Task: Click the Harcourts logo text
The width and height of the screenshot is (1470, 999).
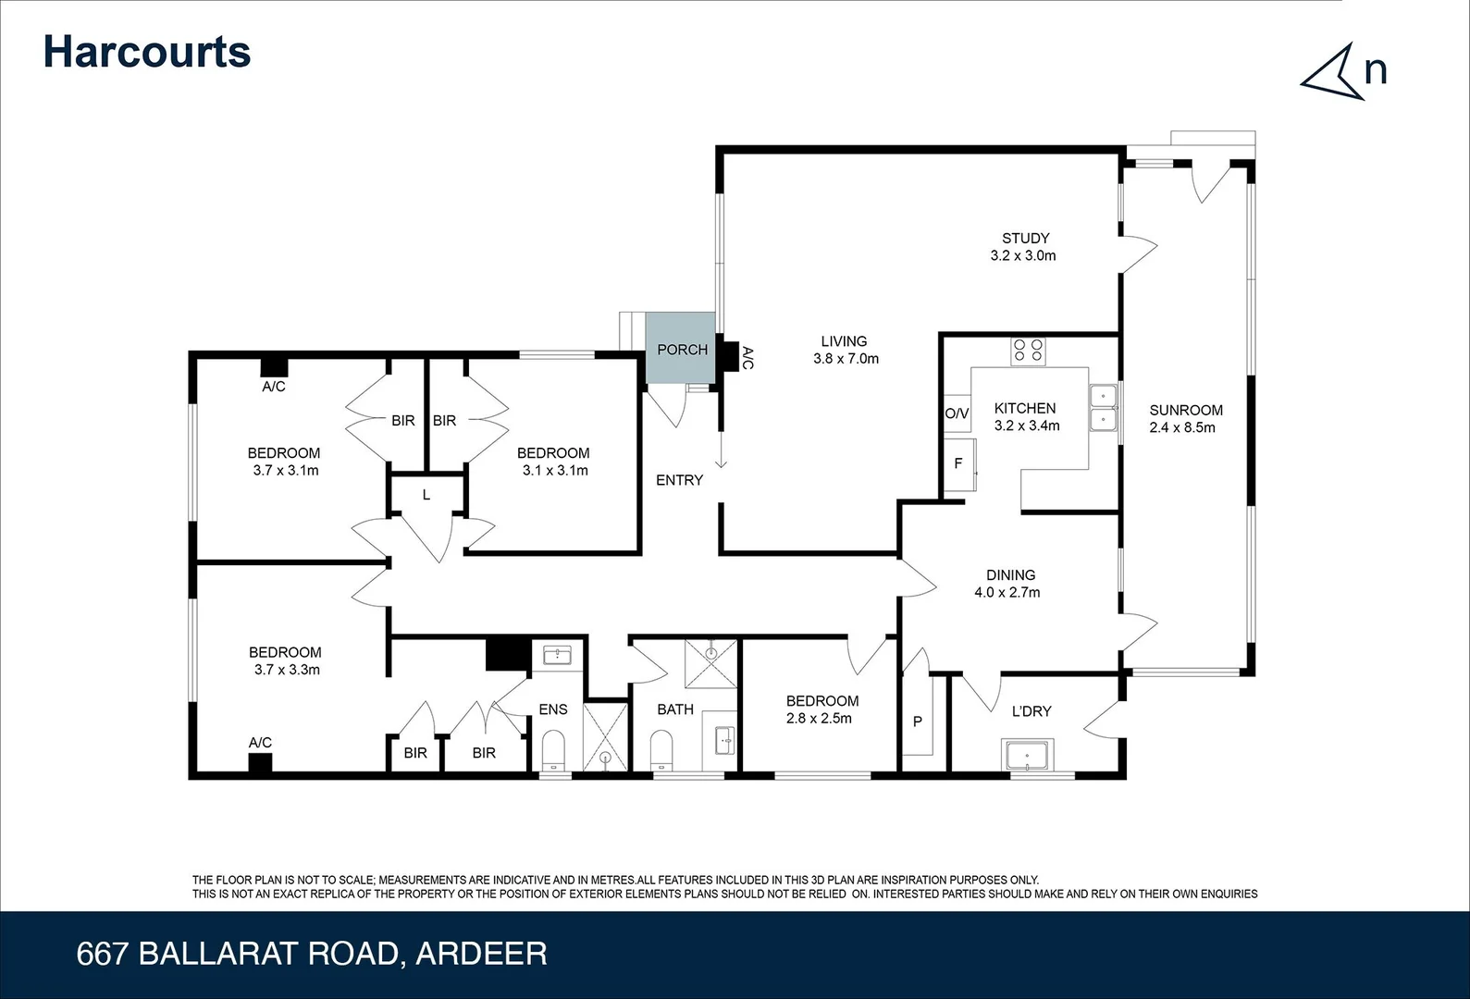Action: click(147, 52)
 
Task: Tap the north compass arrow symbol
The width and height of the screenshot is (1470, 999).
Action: click(1334, 72)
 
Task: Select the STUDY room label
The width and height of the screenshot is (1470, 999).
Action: click(1025, 238)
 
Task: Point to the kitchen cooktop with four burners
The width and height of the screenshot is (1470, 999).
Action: click(1028, 351)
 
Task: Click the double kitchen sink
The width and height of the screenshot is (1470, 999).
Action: click(1104, 409)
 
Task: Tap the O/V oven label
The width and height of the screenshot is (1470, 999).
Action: click(957, 413)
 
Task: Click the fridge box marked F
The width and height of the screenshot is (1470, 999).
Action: click(958, 463)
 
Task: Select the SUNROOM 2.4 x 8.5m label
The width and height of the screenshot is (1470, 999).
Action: click(1185, 418)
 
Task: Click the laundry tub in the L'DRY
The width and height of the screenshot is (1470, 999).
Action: click(1027, 756)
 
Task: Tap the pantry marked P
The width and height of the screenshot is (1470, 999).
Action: click(918, 721)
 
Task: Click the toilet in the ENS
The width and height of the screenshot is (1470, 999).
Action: click(553, 749)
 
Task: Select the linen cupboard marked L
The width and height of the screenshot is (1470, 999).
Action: click(426, 495)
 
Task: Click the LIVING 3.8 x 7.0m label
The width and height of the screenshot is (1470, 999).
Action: click(845, 350)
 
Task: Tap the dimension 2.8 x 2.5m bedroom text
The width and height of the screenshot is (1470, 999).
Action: click(820, 718)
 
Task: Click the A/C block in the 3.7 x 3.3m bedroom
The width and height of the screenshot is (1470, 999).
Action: click(260, 763)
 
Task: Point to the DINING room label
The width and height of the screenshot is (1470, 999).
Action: click(1010, 574)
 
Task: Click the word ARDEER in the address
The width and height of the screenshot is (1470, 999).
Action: click(481, 954)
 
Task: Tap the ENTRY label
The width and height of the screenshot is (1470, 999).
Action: click(679, 480)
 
